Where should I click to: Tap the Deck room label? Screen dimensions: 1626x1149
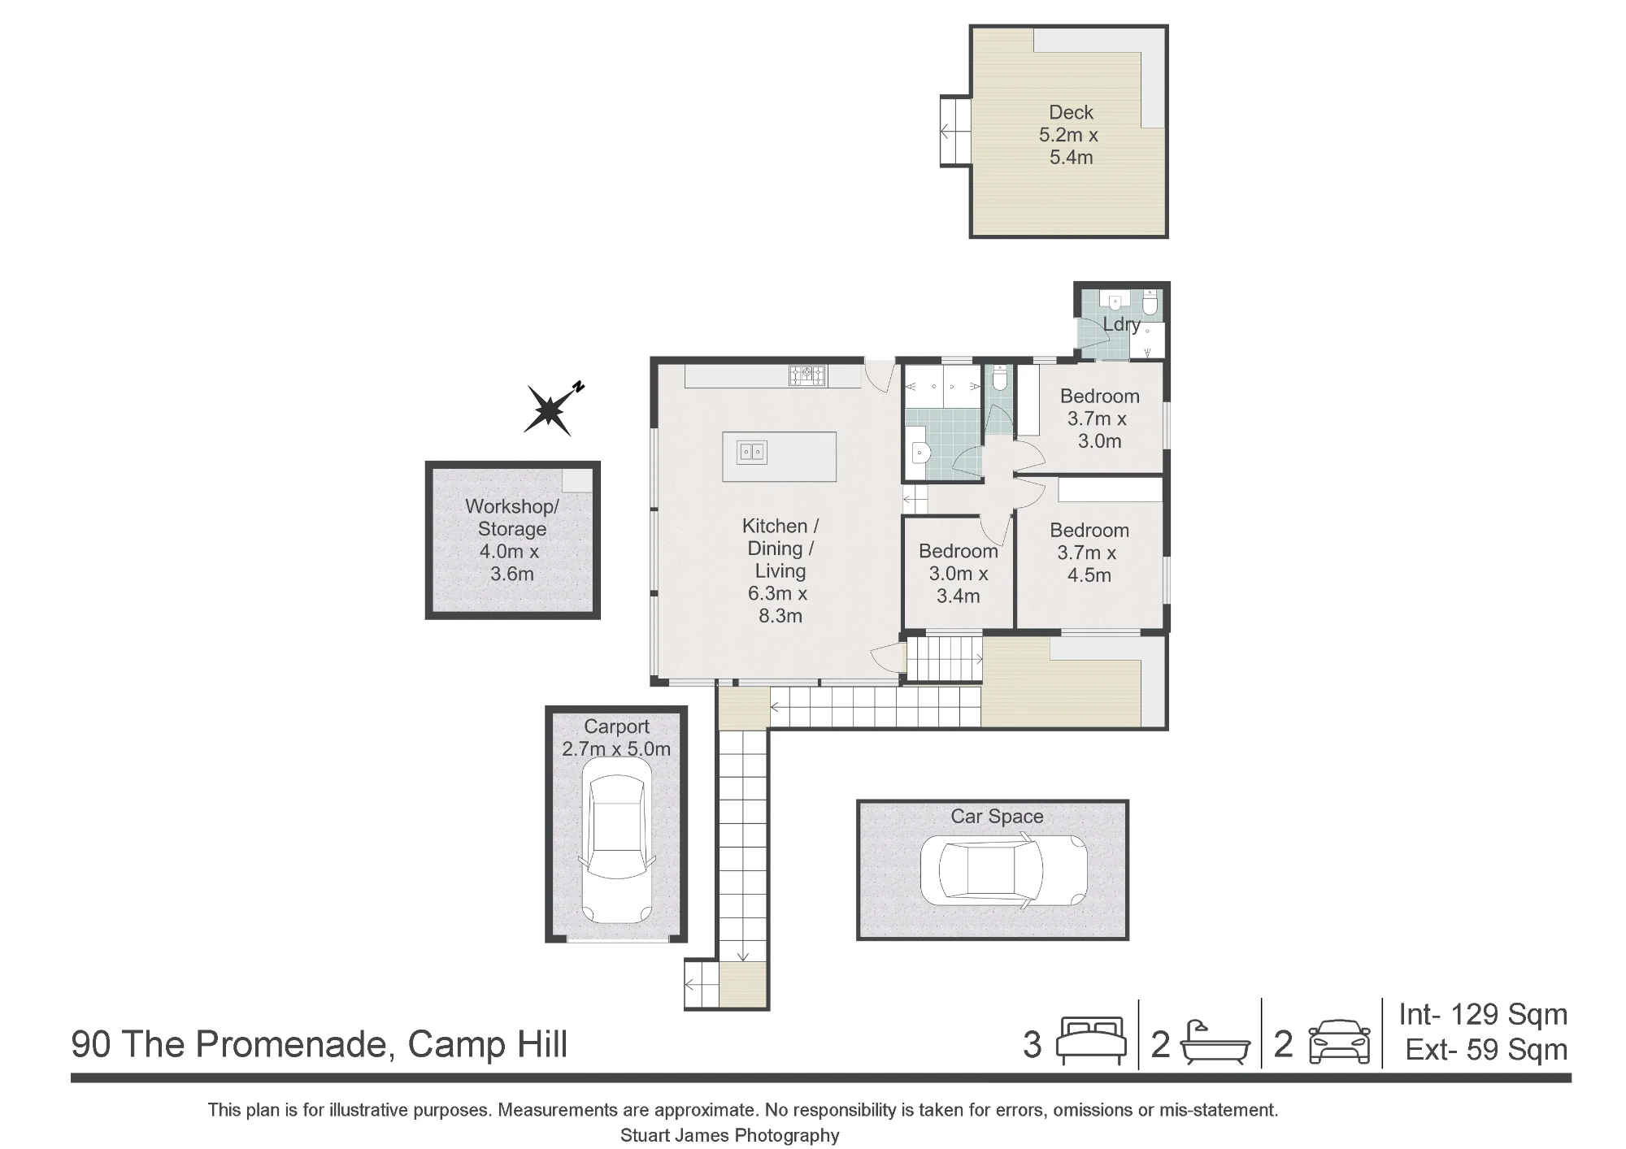tap(1070, 135)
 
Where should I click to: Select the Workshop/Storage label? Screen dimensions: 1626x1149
tap(511, 540)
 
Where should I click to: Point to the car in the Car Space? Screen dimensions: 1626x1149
tap(1004, 870)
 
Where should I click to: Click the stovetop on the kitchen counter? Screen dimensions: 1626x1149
tap(807, 375)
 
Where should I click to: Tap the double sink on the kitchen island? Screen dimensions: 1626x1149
tap(752, 452)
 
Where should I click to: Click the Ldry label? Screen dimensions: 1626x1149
tap(1121, 324)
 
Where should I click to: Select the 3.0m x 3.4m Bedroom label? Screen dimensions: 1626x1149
tap(959, 573)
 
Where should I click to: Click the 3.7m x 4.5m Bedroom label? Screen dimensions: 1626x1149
tap(1089, 553)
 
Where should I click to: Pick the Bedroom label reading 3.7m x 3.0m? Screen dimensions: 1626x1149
tap(1099, 418)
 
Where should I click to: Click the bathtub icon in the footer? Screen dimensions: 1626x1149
tap(1215, 1042)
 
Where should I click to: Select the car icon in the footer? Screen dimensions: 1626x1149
tap(1339, 1042)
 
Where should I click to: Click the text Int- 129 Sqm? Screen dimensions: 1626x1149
tap(1483, 1014)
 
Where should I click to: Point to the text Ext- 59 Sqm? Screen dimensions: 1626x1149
tap(1486, 1050)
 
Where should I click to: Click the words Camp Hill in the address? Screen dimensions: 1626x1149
tap(487, 1044)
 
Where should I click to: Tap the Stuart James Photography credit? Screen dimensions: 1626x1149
tap(729, 1135)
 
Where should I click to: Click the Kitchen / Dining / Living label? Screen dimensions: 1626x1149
tap(779, 570)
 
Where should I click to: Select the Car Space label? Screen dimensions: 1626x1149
tap(997, 817)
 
